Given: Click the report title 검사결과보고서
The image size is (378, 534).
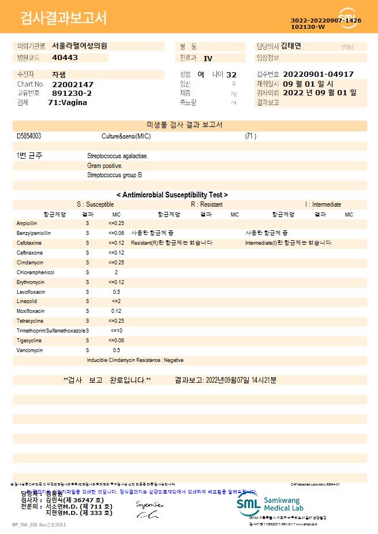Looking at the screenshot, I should [x=63, y=18].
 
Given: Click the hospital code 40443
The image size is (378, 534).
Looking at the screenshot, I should [x=65, y=58].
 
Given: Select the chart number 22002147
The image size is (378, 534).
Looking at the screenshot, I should [x=72, y=84].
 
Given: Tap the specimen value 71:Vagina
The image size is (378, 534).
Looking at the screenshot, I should [x=68, y=102].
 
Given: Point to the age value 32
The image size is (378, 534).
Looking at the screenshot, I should [x=231, y=74].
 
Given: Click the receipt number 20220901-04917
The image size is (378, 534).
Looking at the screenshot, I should [x=319, y=74].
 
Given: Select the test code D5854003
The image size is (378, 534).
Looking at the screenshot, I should [x=29, y=136].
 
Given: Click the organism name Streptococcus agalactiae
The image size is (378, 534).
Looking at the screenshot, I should [x=117, y=156].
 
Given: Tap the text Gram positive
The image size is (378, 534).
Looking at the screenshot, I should [x=104, y=166].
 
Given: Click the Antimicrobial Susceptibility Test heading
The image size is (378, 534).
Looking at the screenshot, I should [x=172, y=195].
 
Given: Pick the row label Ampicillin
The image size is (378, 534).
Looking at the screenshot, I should [x=27, y=223].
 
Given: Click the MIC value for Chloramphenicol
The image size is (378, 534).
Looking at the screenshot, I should [x=116, y=272].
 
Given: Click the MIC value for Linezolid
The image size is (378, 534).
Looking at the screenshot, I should [x=116, y=301].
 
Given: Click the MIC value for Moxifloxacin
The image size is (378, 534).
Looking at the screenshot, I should [x=116, y=311].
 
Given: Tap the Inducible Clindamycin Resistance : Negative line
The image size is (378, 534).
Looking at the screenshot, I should [x=135, y=360].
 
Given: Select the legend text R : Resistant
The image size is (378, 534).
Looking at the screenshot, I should [x=207, y=204].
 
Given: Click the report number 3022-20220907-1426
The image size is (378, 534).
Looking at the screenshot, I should [x=326, y=21].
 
